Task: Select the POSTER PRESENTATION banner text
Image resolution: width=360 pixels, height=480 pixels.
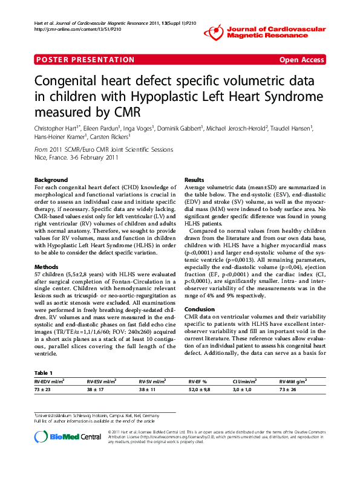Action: [85, 60]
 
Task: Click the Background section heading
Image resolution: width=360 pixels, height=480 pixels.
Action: [51, 180]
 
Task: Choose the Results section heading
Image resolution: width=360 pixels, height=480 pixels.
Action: [194, 180]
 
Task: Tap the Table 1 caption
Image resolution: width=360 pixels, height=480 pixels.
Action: [44, 373]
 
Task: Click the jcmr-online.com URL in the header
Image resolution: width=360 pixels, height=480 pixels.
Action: [73, 28]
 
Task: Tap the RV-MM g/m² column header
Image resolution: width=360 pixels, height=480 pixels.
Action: [293, 382]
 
